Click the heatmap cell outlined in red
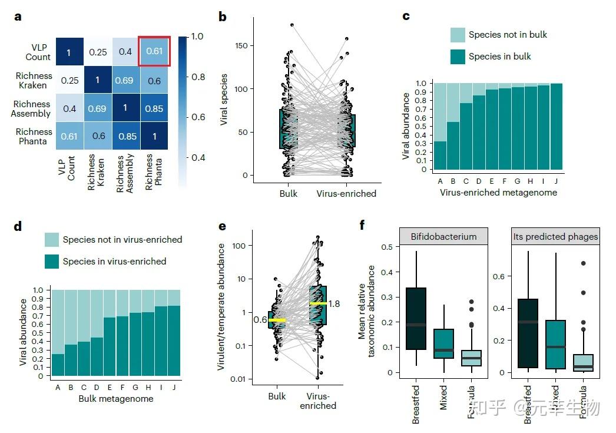pos(154,51)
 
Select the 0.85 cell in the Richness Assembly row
pos(154,108)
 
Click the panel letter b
pos(222,17)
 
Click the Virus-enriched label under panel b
pos(346,193)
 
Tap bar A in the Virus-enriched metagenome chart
pos(439,156)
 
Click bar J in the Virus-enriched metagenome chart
pos(557,127)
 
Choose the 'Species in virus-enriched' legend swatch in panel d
pos(51,262)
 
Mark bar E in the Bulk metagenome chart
pos(109,346)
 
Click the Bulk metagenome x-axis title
pos(115,399)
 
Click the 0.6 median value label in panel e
pos(260,320)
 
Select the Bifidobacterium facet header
pos(443,236)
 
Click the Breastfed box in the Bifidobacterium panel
pos(416,319)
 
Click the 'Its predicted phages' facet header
pos(555,236)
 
